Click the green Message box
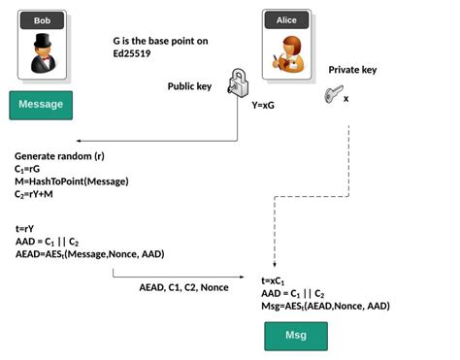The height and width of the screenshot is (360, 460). [x=41, y=105]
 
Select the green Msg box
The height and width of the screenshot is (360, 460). [x=296, y=336]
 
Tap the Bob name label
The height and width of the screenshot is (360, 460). [x=42, y=19]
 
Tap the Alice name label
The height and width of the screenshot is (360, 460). [x=286, y=19]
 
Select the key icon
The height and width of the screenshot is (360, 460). [x=334, y=95]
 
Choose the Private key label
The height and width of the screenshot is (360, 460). [x=353, y=70]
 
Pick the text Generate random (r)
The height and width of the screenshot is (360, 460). [x=59, y=156]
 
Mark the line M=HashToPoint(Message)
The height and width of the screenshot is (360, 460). [x=71, y=181]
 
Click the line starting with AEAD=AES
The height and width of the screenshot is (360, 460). [x=89, y=254]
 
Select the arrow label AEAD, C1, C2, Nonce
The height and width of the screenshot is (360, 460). [x=183, y=287]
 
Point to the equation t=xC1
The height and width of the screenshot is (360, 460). [x=273, y=280]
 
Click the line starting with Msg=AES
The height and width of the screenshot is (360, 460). [x=325, y=306]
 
